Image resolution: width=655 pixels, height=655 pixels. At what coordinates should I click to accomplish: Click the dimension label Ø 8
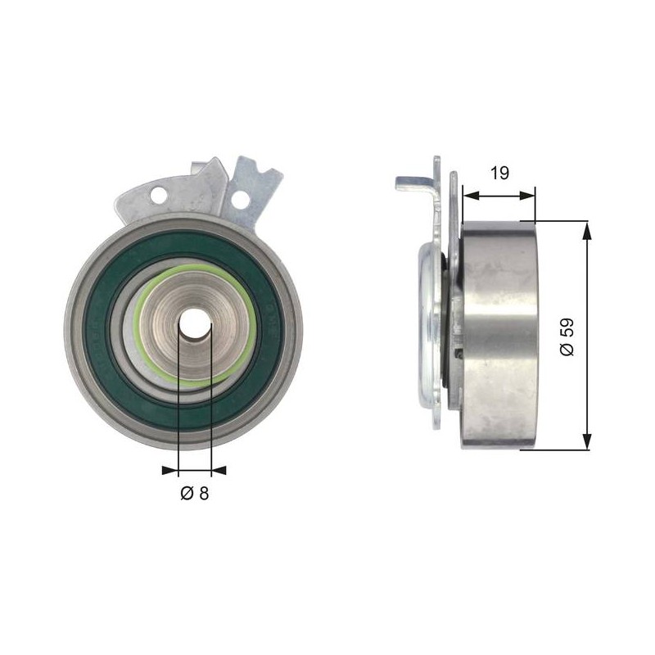194,494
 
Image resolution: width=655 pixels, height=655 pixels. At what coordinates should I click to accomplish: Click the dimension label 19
499,173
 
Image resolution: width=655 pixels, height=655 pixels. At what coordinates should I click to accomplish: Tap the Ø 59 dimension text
567,337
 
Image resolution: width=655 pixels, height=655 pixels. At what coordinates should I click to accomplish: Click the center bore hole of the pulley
195,324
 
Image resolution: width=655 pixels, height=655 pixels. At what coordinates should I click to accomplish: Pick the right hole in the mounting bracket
240,199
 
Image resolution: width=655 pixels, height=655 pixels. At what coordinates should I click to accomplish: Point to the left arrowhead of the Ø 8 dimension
170,471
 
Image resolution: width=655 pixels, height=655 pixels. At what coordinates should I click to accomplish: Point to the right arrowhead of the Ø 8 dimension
219,471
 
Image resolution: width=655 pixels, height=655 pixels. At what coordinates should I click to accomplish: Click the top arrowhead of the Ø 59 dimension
587,230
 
